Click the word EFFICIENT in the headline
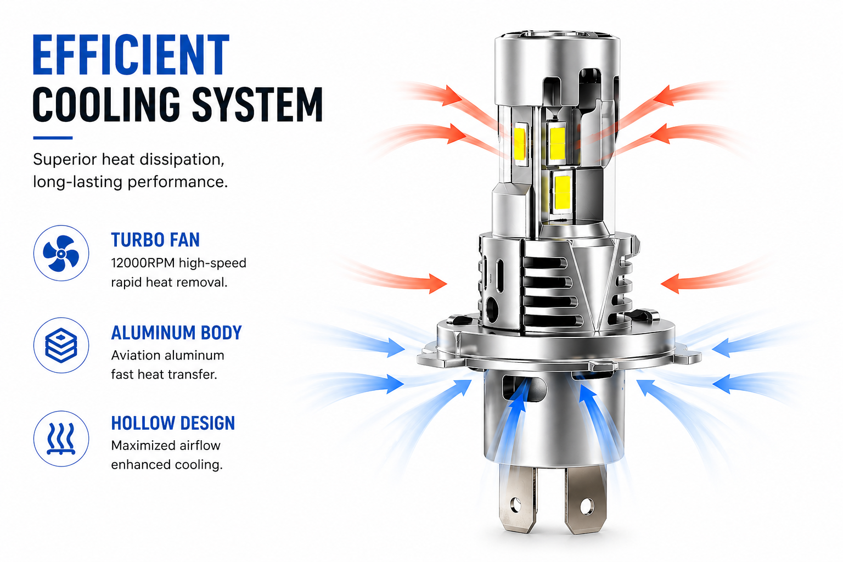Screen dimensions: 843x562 [x=131, y=55]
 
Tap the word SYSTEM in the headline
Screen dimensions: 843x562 [x=257, y=104]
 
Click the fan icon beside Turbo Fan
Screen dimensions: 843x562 [x=61, y=254]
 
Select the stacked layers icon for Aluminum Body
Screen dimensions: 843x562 [x=61, y=346]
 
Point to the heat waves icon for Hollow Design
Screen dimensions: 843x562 [x=61, y=439]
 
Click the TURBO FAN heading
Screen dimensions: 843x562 [x=155, y=240]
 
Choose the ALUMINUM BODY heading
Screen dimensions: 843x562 [x=176, y=333]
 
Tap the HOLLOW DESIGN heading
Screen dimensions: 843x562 [x=173, y=423]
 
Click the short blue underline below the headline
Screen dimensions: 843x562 [x=53, y=138]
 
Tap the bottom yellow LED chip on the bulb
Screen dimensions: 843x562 [x=562, y=193]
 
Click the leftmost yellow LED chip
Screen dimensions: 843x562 [x=520, y=144]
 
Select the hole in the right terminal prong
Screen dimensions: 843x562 [x=586, y=506]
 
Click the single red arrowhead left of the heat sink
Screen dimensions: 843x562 [x=437, y=284]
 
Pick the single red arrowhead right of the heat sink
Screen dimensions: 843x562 [x=670, y=284]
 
